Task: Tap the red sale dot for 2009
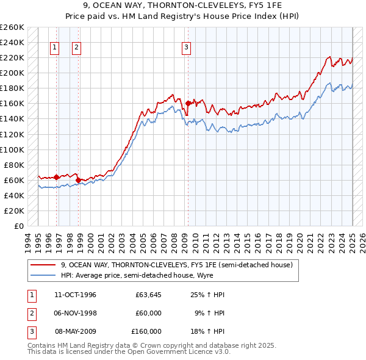pyautogui.click(x=188, y=103)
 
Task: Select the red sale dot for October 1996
pyautogui.click(x=57, y=177)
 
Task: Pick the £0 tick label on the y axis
pyautogui.click(x=18, y=226)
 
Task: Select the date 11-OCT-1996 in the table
pyautogui.click(x=75, y=295)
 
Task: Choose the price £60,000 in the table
pyautogui.click(x=148, y=313)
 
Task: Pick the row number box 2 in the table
pyautogui.click(x=30, y=313)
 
